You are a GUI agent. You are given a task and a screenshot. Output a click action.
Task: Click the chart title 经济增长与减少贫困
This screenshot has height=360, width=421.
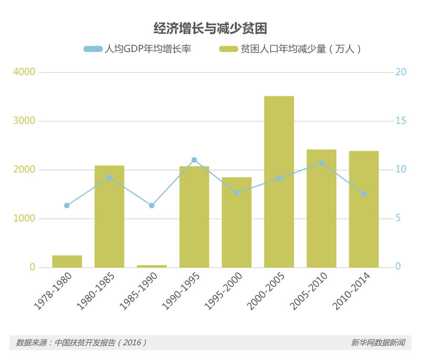click(210, 28)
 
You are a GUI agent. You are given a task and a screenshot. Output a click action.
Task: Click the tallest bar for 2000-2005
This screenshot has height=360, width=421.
click(279, 182)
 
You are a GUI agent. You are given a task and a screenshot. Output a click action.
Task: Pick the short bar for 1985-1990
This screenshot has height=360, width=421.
click(152, 266)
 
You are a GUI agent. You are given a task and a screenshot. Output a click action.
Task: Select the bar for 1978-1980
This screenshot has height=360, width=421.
click(67, 262)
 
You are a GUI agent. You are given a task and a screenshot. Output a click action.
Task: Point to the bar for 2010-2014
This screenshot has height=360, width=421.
click(364, 209)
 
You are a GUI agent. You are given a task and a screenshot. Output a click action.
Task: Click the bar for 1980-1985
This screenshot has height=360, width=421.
click(109, 216)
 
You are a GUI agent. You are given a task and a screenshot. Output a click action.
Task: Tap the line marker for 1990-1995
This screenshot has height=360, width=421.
click(194, 160)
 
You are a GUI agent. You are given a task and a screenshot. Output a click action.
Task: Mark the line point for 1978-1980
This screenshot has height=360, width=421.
click(67, 206)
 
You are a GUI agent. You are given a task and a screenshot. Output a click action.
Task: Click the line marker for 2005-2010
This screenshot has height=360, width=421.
click(322, 163)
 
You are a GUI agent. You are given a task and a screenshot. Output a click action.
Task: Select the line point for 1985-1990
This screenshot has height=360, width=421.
click(152, 206)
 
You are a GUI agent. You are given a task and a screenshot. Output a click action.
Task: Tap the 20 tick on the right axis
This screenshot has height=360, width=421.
click(400, 72)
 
